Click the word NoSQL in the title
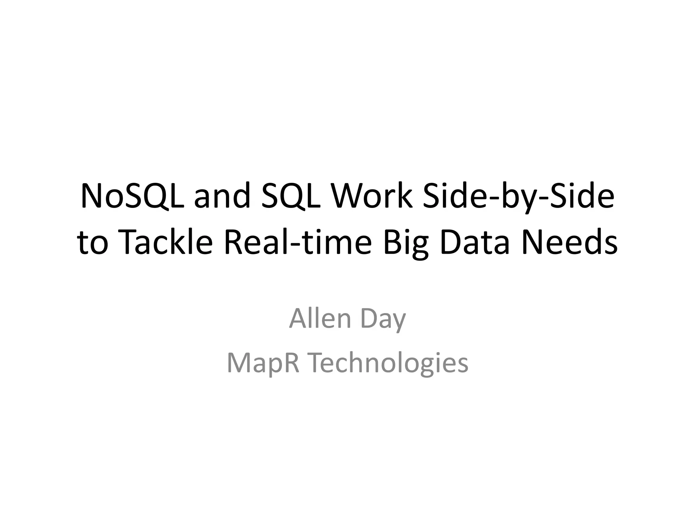(133, 197)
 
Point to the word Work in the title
(372, 197)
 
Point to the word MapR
(263, 363)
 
